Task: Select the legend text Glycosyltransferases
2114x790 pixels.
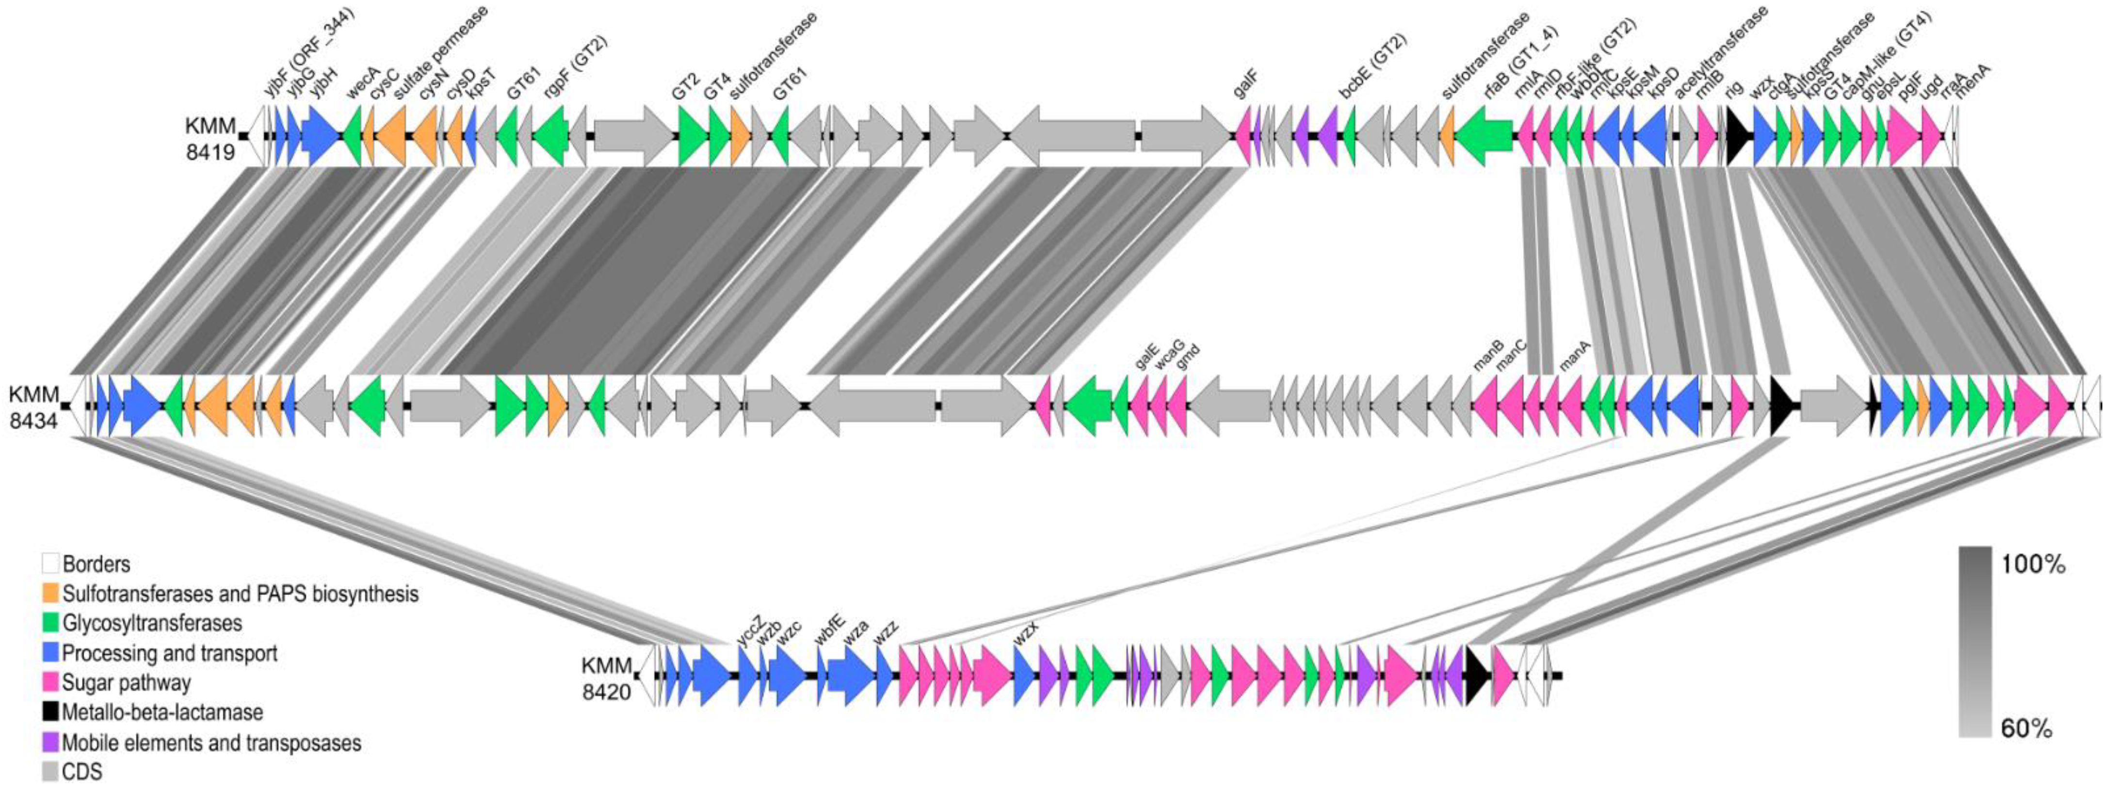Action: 152,624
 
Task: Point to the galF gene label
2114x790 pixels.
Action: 1246,84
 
